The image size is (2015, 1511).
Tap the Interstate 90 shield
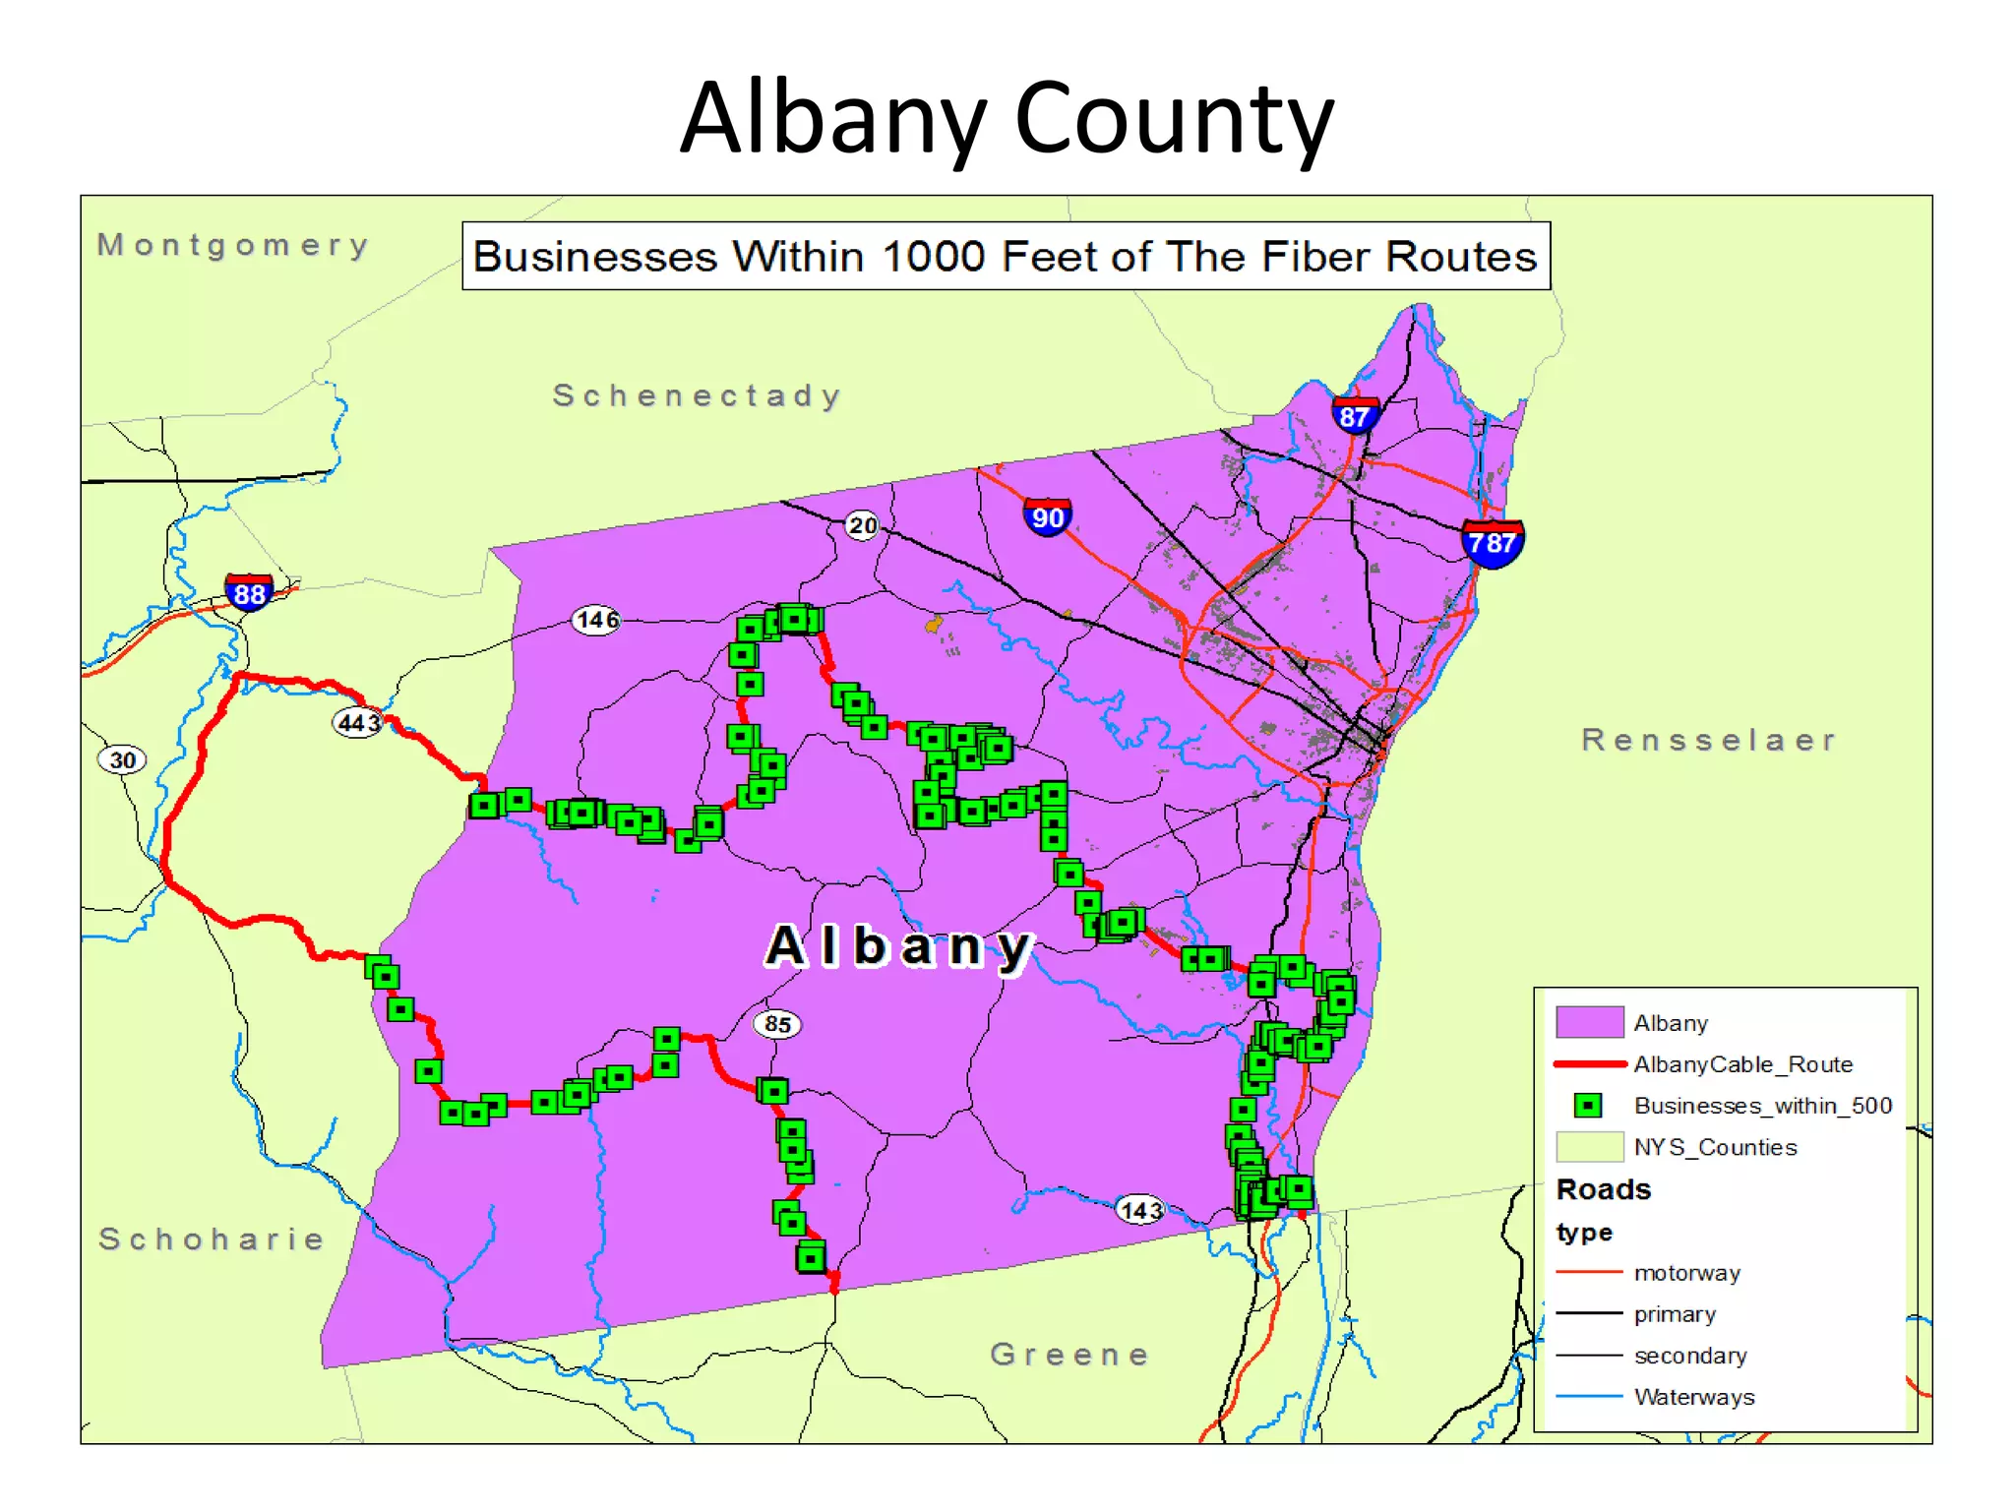pos(1048,516)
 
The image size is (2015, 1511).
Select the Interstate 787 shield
pos(1493,542)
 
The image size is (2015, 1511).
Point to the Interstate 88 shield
pos(249,593)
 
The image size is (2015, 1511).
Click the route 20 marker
pos(862,525)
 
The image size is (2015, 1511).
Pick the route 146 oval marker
pos(597,620)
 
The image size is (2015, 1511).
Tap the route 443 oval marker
pos(358,723)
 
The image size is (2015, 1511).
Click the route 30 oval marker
pos(122,759)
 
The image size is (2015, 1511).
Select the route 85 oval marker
pos(777,1024)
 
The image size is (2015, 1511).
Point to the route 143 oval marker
pos(1140,1209)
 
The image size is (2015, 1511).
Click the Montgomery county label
pos(233,244)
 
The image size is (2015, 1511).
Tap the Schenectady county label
pos(697,395)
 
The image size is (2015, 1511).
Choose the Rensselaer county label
pos(1709,740)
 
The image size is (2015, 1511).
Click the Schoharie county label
pos(212,1239)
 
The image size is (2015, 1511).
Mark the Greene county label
pos(1069,1355)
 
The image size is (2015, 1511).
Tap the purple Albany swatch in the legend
pos(1589,1022)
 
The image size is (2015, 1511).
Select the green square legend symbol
pos(1587,1106)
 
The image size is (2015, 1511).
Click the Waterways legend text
pos(1694,1397)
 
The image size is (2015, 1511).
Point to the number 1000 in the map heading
pos(933,257)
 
